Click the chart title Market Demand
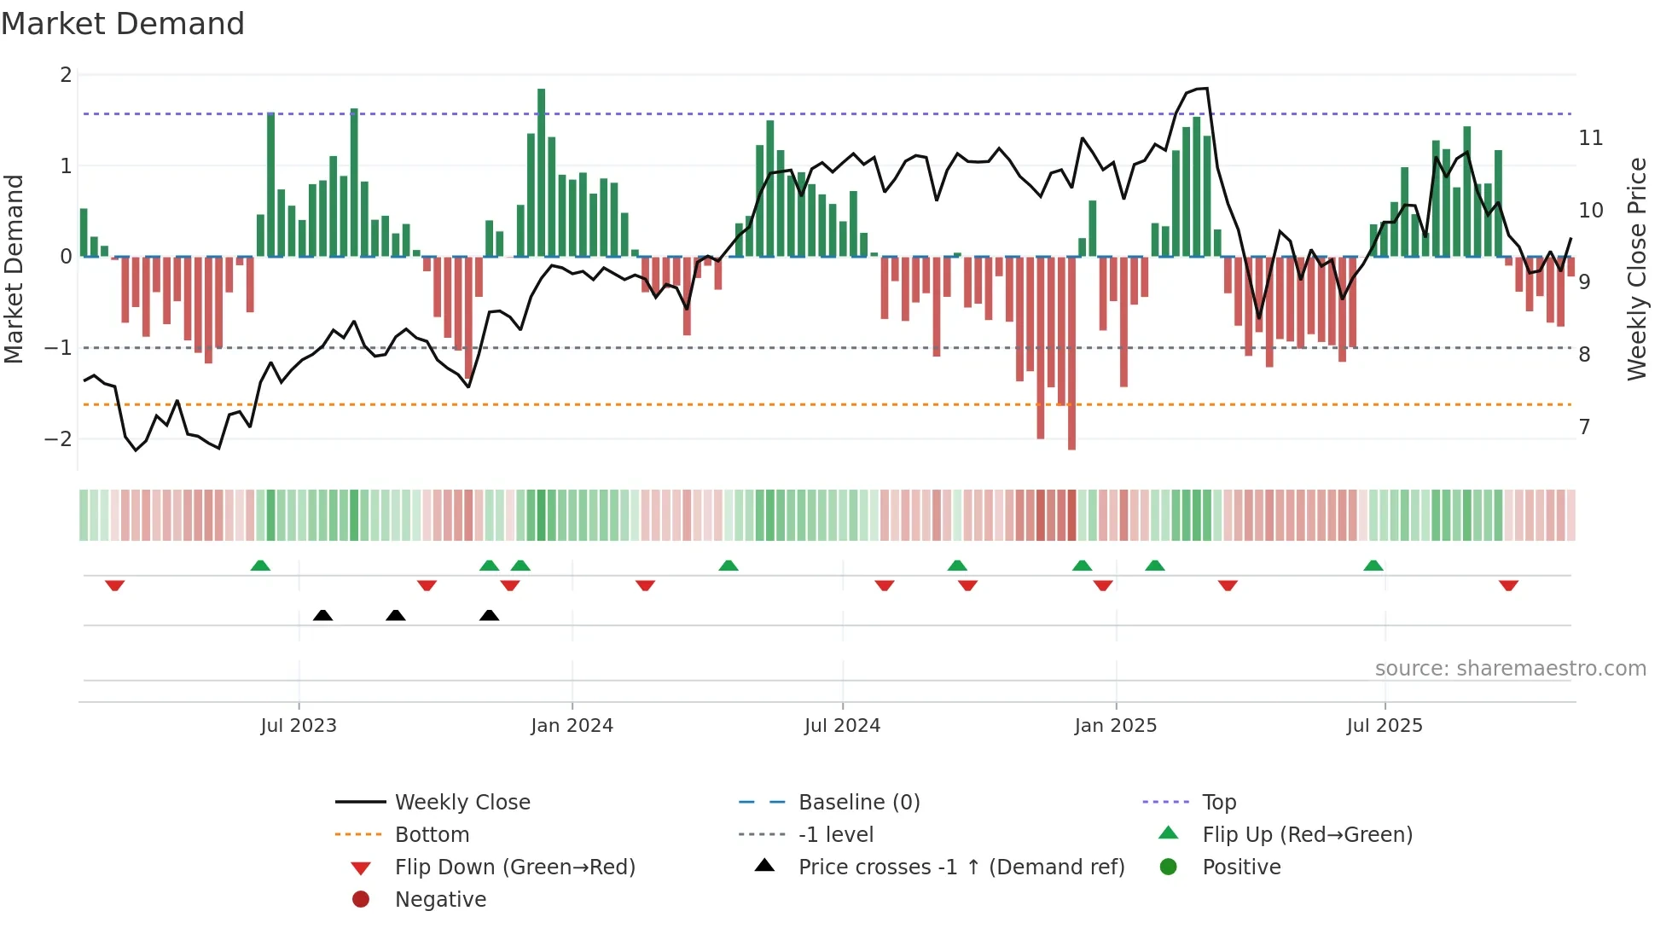pos(123,24)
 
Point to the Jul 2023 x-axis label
pos(299,726)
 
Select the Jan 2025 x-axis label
pos(1115,726)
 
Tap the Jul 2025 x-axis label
pos(1385,726)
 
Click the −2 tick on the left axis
pos(59,439)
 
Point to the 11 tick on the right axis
pos(1591,138)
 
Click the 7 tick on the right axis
pos(1585,427)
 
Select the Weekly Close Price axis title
pos(1636,269)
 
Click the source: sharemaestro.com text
pos(1510,669)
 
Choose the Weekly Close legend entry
pos(462,803)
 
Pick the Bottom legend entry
pos(432,835)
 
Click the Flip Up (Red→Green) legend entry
pos(1307,835)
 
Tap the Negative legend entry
pos(440,900)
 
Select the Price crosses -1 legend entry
pos(961,867)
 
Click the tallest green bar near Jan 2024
pos(541,171)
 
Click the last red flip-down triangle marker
pos(1508,586)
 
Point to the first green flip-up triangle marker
pos(260,566)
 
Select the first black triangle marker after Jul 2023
pos(322,615)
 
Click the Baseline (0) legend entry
pos(858,803)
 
